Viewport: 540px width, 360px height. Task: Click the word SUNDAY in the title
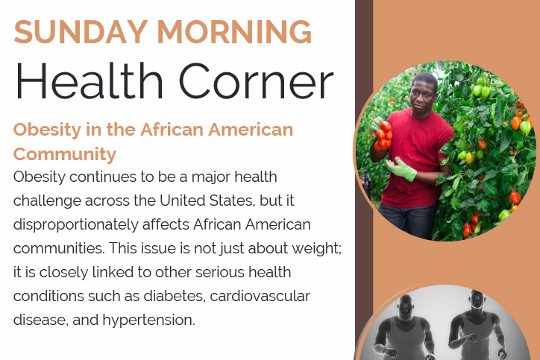click(81, 32)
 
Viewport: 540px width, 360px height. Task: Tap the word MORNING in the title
click(234, 32)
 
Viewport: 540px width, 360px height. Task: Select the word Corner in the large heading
click(257, 81)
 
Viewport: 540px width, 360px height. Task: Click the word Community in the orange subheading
click(65, 154)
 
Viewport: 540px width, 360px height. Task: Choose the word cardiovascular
click(260, 296)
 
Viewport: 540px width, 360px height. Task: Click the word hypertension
click(148, 320)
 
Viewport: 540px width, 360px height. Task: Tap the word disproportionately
click(76, 225)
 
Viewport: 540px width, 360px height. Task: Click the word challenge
click(47, 201)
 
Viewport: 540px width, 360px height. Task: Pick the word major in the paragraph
click(211, 177)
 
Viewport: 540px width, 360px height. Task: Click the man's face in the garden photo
click(422, 98)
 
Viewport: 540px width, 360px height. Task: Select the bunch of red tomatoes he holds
click(383, 136)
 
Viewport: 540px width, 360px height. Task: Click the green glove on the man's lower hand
click(401, 169)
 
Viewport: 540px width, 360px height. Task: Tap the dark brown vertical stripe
click(364, 180)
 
